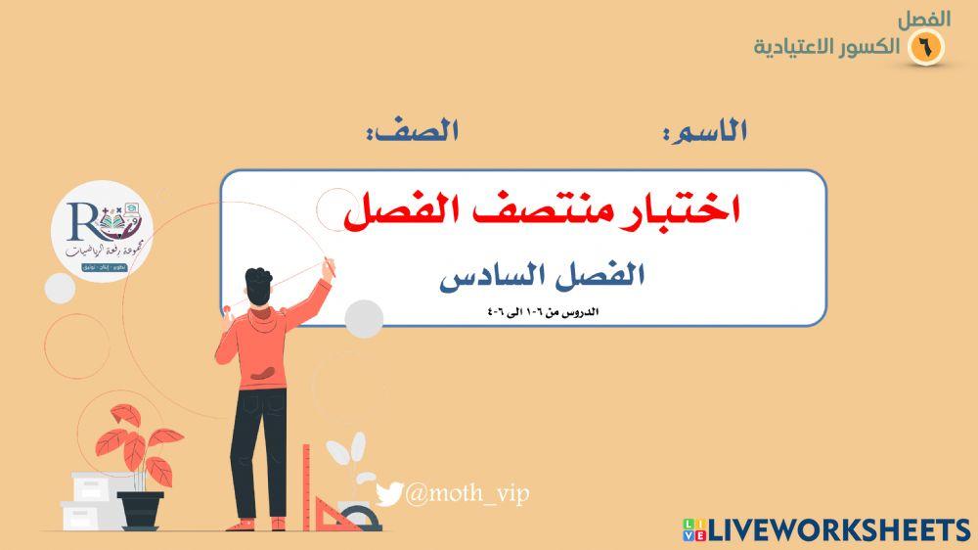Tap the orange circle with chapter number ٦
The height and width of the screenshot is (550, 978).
point(925,46)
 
